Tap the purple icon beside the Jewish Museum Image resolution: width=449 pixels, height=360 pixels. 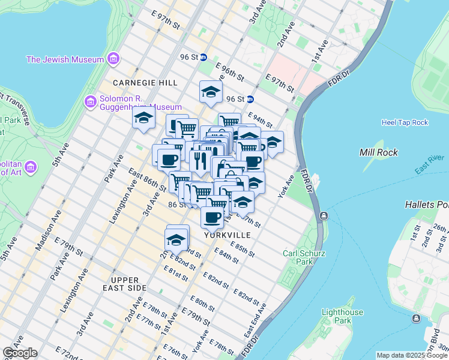113,59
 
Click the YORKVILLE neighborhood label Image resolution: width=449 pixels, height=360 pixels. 226,235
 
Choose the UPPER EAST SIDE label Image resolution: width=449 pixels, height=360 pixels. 128,284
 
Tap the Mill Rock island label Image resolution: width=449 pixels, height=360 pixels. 378,152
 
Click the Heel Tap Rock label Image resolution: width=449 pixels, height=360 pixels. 405,122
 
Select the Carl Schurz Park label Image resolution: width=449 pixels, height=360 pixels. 304,257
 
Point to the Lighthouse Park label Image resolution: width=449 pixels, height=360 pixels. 342,316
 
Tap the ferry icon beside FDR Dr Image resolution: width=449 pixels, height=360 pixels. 324,215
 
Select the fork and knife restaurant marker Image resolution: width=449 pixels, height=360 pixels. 199,160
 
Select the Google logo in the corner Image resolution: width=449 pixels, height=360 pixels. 20,353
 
